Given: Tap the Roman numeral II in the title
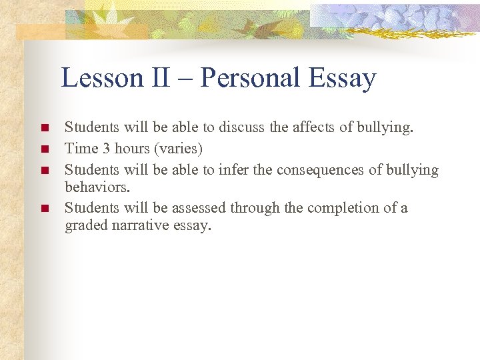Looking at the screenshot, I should pos(161,79).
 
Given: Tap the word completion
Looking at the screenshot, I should pos(340,208).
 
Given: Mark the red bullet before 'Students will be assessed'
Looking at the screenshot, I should pos(45,209).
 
